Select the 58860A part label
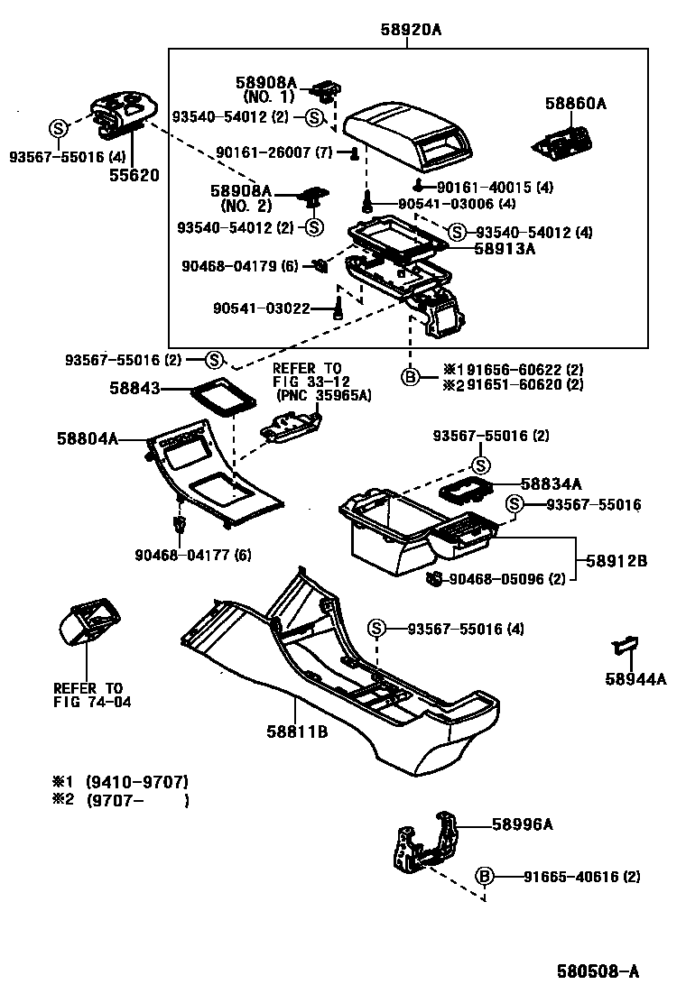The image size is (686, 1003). tap(575, 104)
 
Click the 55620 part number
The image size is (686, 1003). tap(135, 175)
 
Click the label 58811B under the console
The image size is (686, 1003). tap(296, 732)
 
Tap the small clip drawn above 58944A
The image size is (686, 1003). tap(625, 644)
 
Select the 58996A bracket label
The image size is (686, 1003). tap(522, 824)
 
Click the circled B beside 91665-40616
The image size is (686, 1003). tap(485, 876)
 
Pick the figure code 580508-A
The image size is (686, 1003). tap(597, 971)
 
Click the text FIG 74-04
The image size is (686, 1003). tap(92, 702)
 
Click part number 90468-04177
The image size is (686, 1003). tap(191, 555)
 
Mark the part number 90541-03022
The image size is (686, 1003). tap(262, 308)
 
